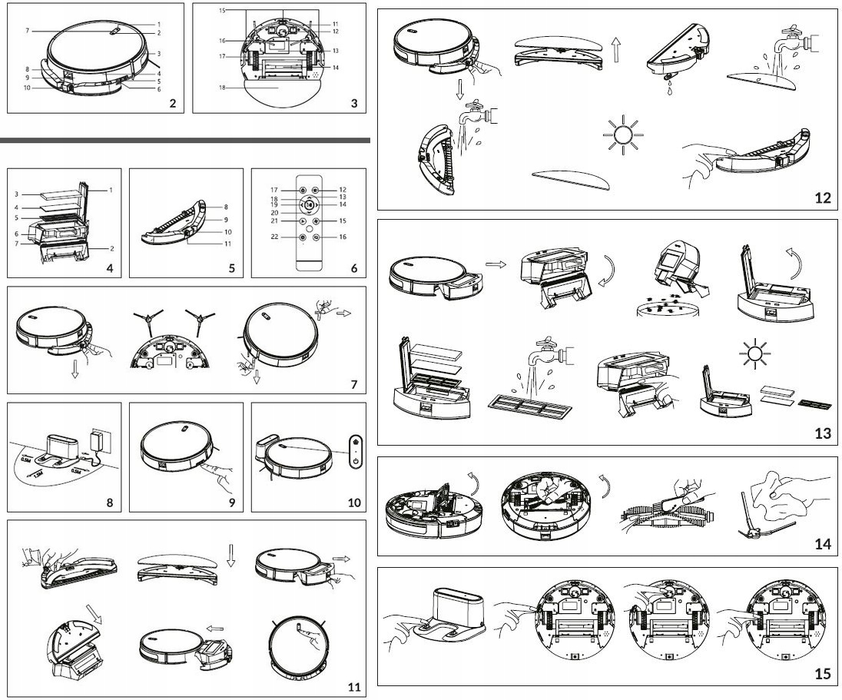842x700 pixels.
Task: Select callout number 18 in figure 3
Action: tap(223, 88)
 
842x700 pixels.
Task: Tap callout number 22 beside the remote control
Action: tap(294, 237)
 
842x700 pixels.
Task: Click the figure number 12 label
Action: tap(823, 198)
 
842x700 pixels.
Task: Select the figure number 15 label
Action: tap(823, 674)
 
